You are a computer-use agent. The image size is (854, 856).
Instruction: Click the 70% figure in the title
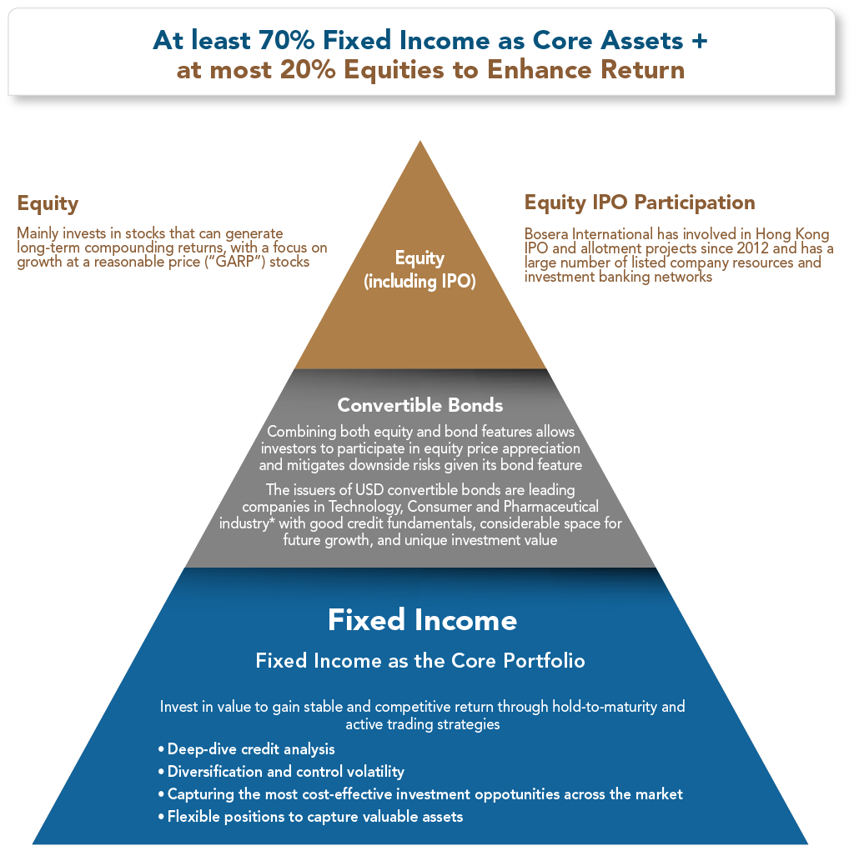(x=287, y=40)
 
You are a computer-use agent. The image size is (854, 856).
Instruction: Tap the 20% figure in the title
(x=308, y=70)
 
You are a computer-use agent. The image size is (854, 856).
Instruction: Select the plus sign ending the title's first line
(x=700, y=41)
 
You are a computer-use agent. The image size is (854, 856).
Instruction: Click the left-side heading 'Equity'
(x=48, y=203)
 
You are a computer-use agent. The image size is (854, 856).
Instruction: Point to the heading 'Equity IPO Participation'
(x=640, y=203)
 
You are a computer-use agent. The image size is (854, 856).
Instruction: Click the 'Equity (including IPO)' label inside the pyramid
(x=419, y=270)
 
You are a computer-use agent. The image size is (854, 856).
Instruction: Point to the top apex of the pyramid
(x=420, y=141)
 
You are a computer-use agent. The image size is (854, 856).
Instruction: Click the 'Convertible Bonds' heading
(x=420, y=405)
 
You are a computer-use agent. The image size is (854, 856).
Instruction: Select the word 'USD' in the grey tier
(x=369, y=490)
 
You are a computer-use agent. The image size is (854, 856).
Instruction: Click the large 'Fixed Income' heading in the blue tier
(x=422, y=619)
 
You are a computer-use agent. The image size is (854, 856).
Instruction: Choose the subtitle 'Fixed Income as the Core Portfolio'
(x=420, y=661)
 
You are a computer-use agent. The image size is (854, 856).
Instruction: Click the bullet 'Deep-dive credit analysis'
(x=246, y=749)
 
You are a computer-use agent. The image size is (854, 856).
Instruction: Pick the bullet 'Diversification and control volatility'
(x=281, y=771)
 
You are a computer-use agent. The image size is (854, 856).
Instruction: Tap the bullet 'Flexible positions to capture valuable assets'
(x=310, y=817)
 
